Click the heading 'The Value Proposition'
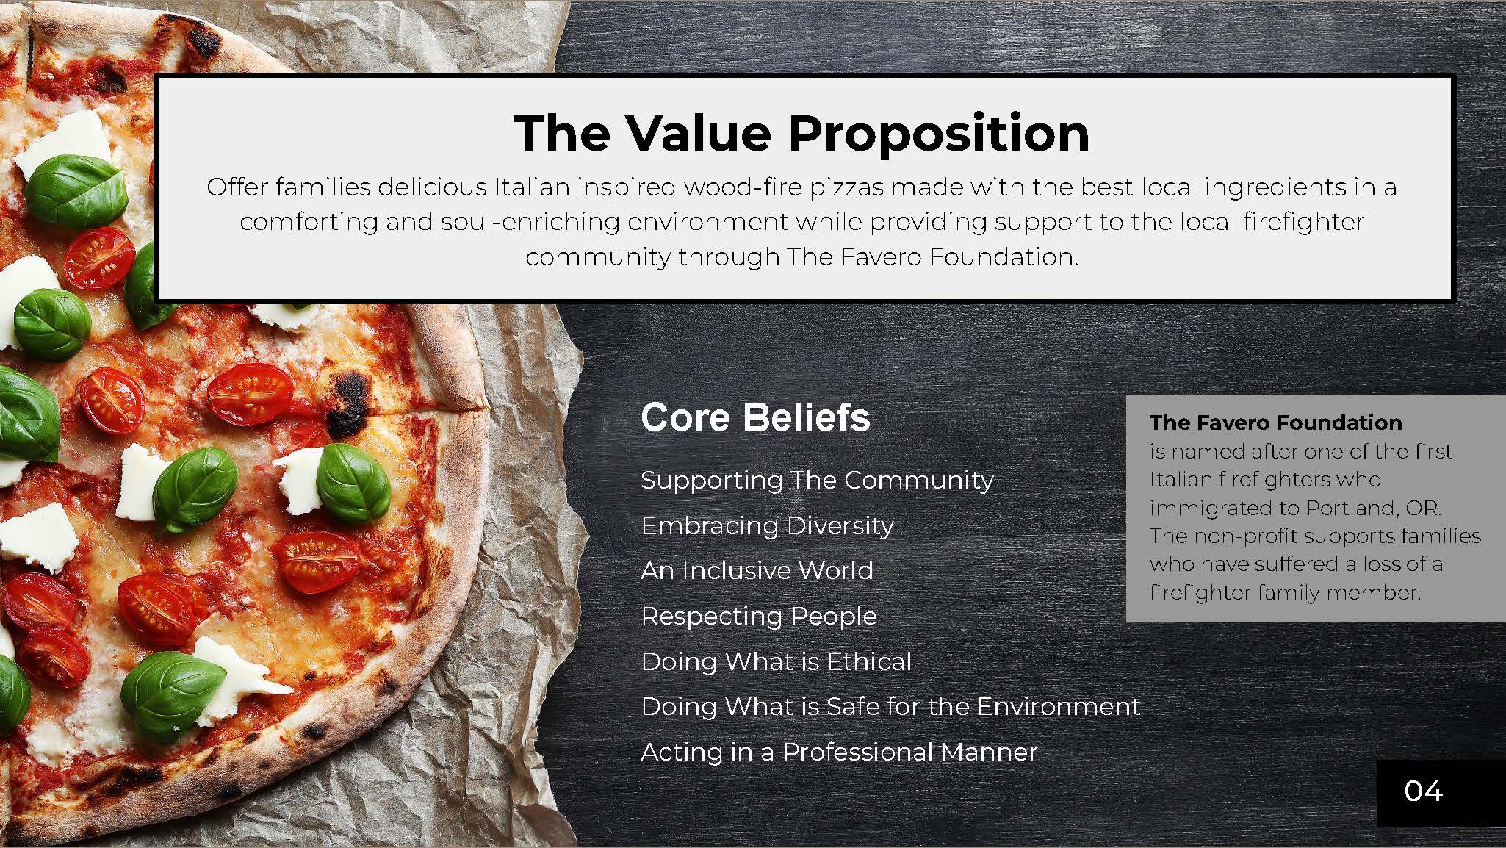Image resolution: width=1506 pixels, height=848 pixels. click(x=801, y=133)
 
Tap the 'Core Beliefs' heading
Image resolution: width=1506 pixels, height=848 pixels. click(x=755, y=417)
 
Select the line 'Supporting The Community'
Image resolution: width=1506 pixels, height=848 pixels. click(x=817, y=481)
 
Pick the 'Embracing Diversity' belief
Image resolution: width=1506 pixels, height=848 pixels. click(x=767, y=526)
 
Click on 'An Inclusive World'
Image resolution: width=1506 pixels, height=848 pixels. click(x=757, y=571)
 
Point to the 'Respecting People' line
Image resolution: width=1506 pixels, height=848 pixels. click(x=759, y=617)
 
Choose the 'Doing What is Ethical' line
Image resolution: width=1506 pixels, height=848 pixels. click(x=776, y=661)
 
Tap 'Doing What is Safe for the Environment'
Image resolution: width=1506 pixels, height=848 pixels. click(x=890, y=707)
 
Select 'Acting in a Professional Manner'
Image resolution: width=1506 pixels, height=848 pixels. click(x=838, y=752)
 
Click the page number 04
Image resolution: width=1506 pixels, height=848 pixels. click(x=1423, y=791)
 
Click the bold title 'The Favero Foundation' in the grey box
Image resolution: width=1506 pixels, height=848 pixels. click(x=1276, y=423)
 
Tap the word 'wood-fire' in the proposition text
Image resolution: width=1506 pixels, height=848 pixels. click(x=743, y=187)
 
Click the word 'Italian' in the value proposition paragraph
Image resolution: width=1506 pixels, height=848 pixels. click(x=531, y=187)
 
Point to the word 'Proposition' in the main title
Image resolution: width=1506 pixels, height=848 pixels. click(x=939, y=134)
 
